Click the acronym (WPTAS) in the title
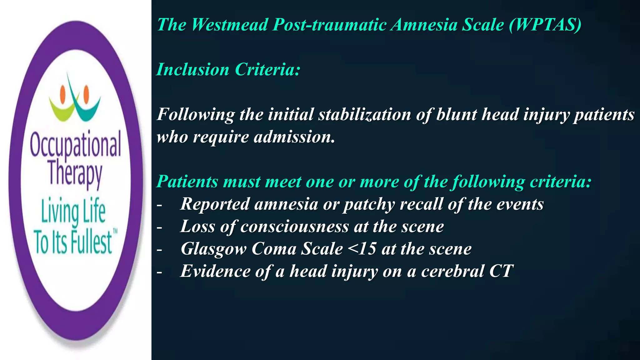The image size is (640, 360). pyautogui.click(x=545, y=25)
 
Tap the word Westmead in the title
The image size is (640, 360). pyautogui.click(x=230, y=25)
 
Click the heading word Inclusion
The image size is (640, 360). pyautogui.click(x=193, y=69)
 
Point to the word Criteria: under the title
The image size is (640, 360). pyautogui.click(x=267, y=69)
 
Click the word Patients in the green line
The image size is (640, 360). pyautogui.click(x=187, y=182)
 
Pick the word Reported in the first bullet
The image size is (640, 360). pyautogui.click(x=215, y=204)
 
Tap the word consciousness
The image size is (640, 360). pyautogui.click(x=294, y=227)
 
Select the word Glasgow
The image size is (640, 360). pyautogui.click(x=213, y=249)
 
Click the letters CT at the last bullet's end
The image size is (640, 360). pyautogui.click(x=501, y=271)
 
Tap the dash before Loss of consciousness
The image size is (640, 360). pyautogui.click(x=159, y=227)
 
